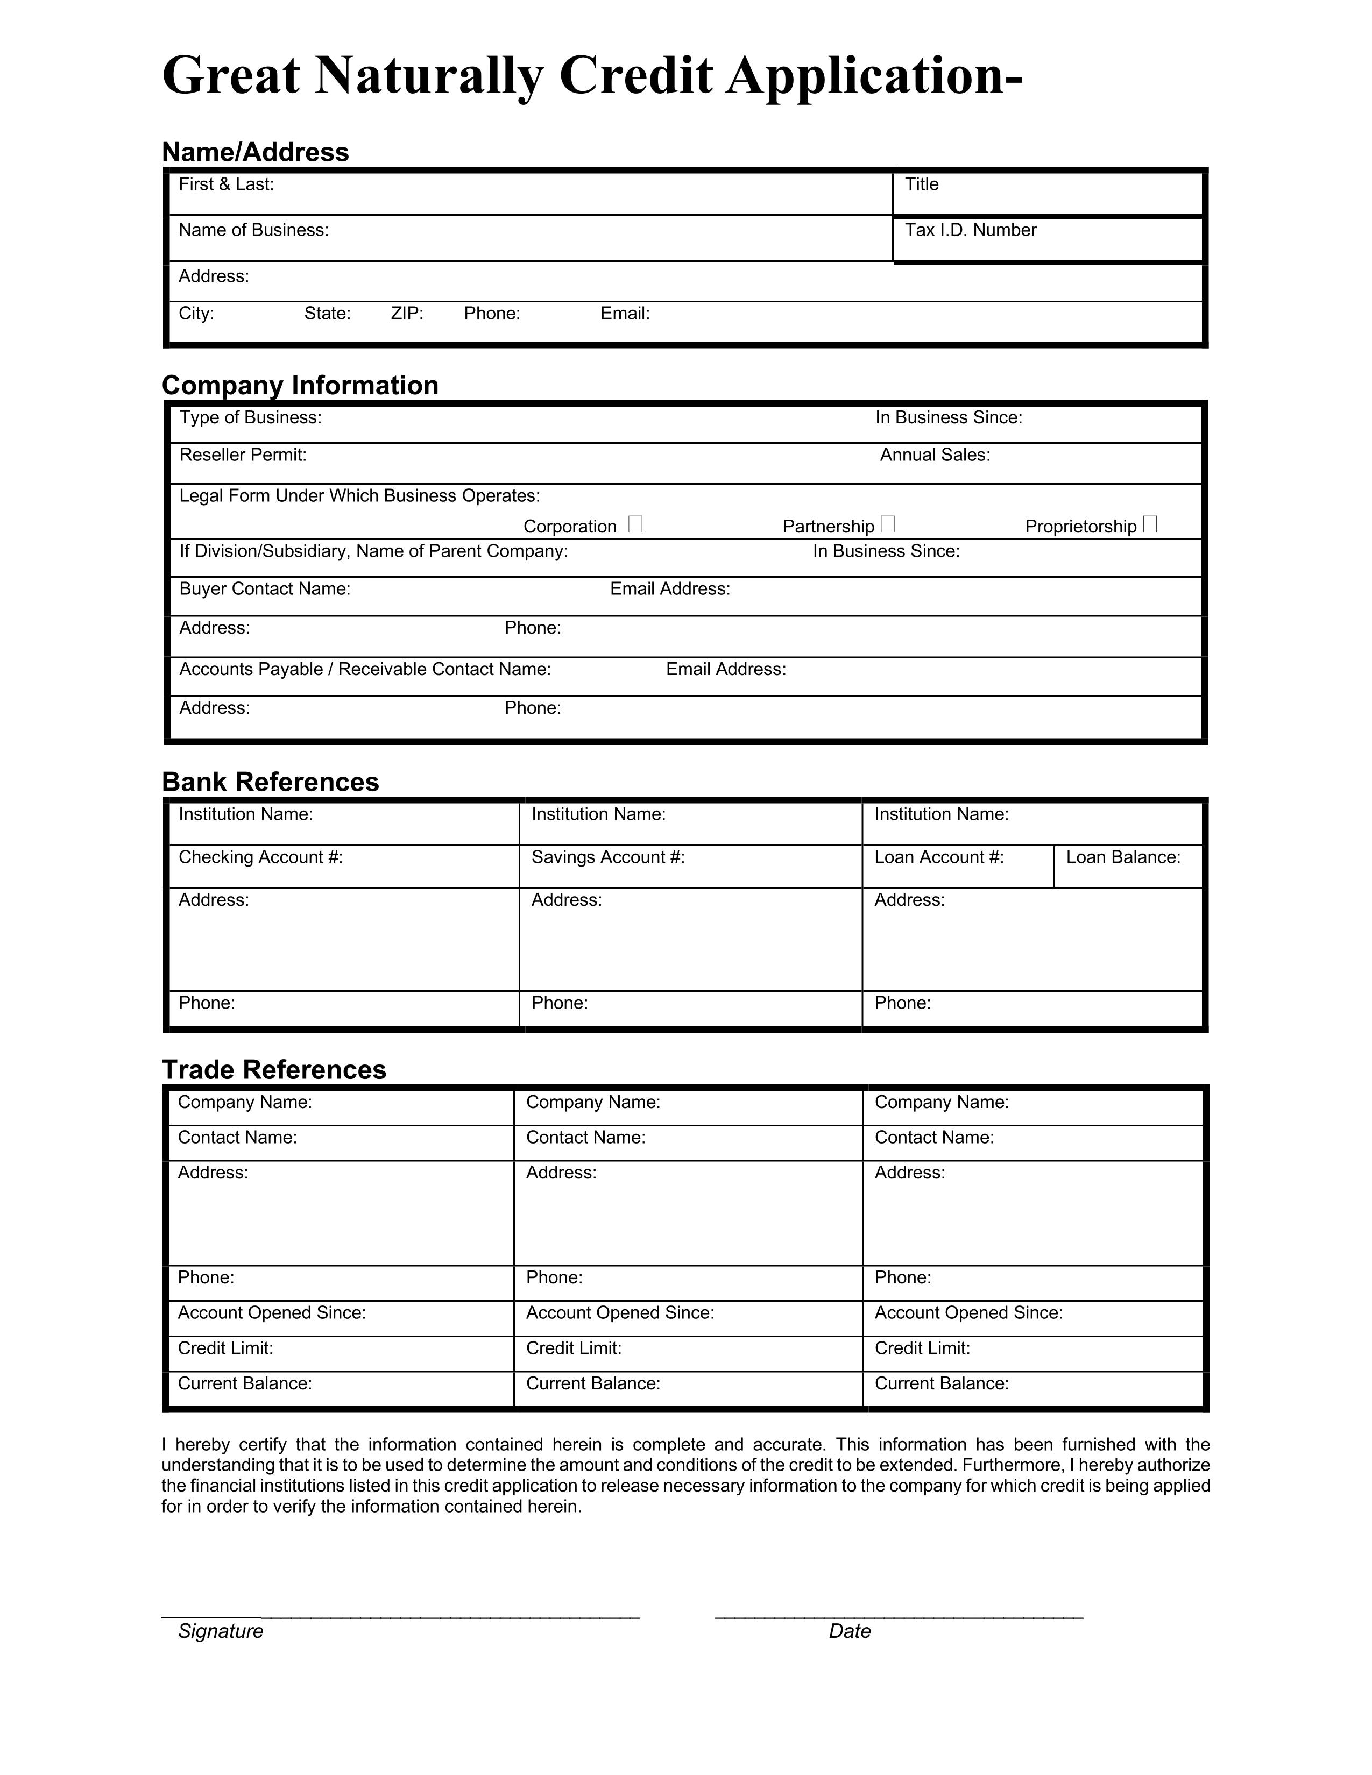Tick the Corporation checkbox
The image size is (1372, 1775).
[635, 524]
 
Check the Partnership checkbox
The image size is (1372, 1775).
[888, 524]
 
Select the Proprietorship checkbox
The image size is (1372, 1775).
[1149, 524]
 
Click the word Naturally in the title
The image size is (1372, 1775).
[428, 76]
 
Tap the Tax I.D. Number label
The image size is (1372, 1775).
[971, 230]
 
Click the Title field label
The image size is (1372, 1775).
[922, 184]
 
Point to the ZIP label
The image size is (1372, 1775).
[407, 314]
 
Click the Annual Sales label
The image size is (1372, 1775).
[935, 455]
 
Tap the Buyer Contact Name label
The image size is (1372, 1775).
[265, 588]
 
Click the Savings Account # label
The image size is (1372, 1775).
[608, 857]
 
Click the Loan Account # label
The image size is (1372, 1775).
[939, 857]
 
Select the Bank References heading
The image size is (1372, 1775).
[271, 782]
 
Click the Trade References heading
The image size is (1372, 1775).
[274, 1069]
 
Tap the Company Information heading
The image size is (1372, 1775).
[300, 385]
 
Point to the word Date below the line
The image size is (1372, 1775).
[850, 1631]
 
